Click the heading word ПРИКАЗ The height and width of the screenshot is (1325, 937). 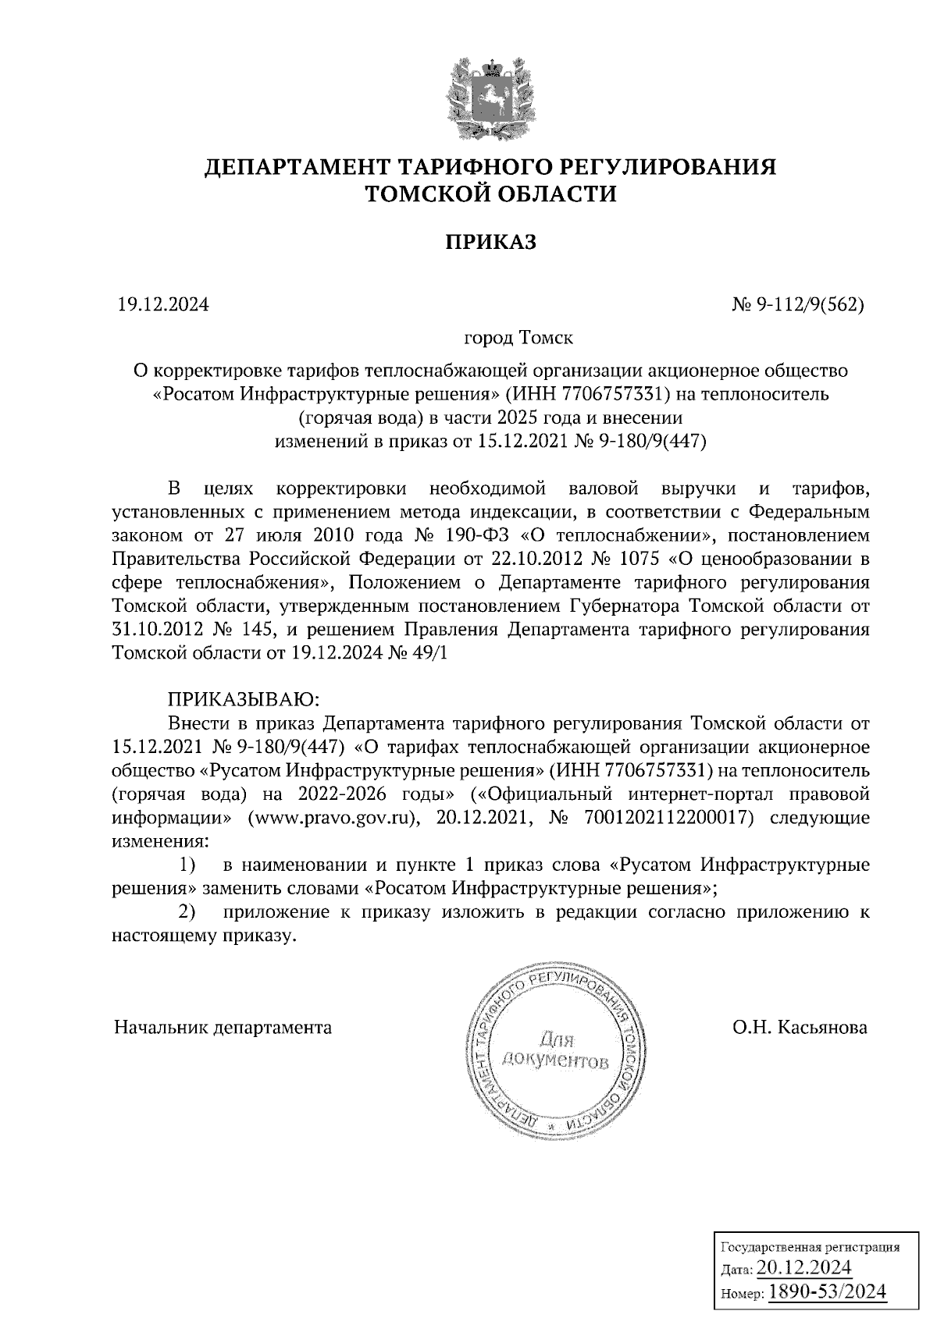491,242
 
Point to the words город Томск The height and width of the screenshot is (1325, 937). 518,339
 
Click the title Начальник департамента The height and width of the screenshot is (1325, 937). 223,1027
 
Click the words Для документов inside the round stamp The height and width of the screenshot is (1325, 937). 556,1050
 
